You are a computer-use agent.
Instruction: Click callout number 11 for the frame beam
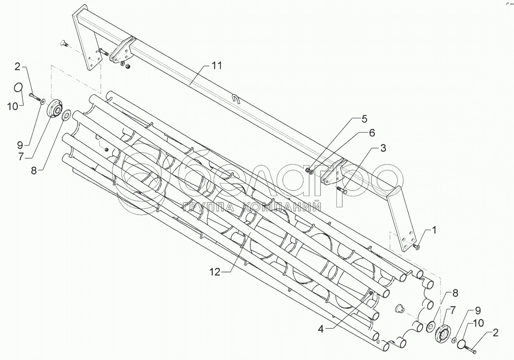217,66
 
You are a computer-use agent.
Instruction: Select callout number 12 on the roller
214,272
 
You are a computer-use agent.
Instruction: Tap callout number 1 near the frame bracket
434,230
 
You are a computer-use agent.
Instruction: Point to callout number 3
383,148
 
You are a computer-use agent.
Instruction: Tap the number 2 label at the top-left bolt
30,66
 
